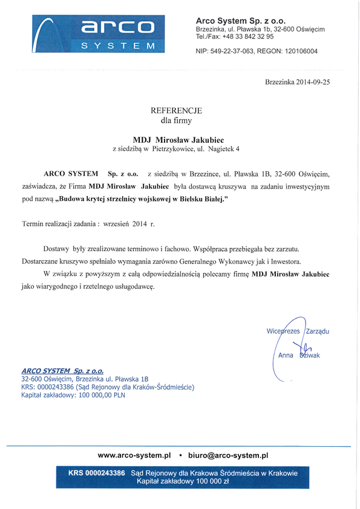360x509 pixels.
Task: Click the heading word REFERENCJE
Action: click(x=176, y=111)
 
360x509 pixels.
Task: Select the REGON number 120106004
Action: click(x=296, y=51)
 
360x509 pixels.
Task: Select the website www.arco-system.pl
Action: click(x=134, y=455)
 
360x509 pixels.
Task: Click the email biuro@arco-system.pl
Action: click(x=228, y=455)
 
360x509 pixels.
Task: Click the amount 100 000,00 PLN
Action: click(x=100, y=395)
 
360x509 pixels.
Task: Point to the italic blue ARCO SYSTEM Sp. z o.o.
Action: click(x=62, y=370)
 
